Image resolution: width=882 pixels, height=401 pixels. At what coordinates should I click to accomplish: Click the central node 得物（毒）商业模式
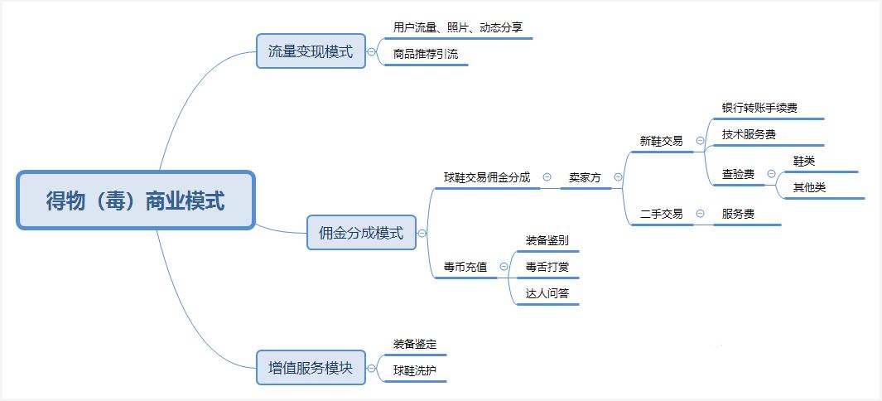pos(135,200)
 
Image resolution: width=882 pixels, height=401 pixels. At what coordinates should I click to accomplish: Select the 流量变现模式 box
pos(311,51)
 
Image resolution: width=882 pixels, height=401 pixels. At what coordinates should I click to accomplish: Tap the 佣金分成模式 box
pos(361,233)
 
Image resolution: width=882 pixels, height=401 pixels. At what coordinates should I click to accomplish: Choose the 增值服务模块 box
pos(311,367)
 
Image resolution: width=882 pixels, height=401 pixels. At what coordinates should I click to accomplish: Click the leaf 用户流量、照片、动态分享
pos(458,27)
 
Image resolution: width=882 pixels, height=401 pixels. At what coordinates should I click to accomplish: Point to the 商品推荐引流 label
pos(426,55)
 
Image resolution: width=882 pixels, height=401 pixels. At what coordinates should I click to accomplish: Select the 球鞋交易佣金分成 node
pos(487,177)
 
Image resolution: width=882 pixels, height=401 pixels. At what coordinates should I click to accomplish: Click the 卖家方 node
pos(585,177)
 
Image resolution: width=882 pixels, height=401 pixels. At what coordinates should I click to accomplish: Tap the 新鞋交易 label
pos(661,141)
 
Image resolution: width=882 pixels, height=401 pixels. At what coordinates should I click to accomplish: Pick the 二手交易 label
pos(661,214)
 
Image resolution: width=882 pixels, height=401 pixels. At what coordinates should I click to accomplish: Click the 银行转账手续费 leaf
pos(759,108)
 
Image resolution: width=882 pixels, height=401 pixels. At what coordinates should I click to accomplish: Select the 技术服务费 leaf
pos(749,134)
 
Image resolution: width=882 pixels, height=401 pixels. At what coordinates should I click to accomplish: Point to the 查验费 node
pos(738,174)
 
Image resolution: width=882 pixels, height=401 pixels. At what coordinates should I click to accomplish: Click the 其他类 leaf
pos(809,187)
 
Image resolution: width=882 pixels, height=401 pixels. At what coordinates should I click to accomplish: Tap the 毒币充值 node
pos(465,267)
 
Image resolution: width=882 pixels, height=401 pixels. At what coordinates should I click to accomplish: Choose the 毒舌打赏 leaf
pos(547,267)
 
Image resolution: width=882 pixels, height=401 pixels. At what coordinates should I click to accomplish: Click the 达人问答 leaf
pos(547,293)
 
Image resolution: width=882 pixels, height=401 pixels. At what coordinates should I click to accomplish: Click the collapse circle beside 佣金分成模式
pos(422,234)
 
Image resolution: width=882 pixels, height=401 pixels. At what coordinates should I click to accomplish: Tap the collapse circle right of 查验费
pos(771,174)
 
